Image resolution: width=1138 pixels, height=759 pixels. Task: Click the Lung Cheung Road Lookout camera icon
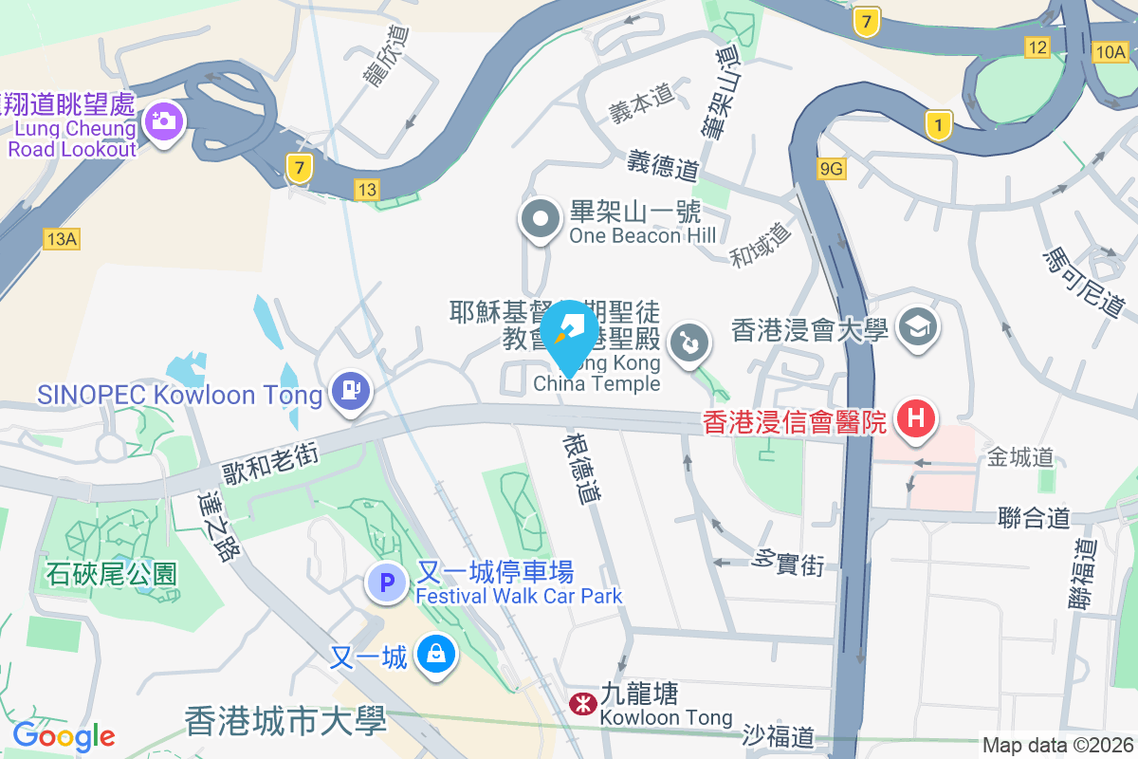pyautogui.click(x=164, y=120)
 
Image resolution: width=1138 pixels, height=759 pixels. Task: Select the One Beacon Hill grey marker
pyautogui.click(x=541, y=220)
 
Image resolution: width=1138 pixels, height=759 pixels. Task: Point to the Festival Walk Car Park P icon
pyautogui.click(x=387, y=583)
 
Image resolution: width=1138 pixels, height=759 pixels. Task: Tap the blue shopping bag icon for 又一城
pyautogui.click(x=435, y=654)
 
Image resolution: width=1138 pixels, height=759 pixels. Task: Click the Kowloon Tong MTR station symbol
pyautogui.click(x=580, y=703)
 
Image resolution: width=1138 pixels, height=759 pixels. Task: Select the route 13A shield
pyautogui.click(x=61, y=238)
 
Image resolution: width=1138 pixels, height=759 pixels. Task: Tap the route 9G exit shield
pyautogui.click(x=831, y=169)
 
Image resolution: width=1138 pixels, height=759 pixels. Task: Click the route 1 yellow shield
pyautogui.click(x=938, y=124)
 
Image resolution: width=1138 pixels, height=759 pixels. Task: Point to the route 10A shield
pyautogui.click(x=1110, y=51)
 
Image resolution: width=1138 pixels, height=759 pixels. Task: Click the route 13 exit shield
pyautogui.click(x=367, y=190)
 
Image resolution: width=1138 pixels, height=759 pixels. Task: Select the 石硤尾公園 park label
pyautogui.click(x=112, y=573)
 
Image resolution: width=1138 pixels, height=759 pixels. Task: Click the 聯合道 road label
pyautogui.click(x=1034, y=517)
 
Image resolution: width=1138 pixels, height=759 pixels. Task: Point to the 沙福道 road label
pyautogui.click(x=778, y=735)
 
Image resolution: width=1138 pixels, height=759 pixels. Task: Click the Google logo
pyautogui.click(x=64, y=736)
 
